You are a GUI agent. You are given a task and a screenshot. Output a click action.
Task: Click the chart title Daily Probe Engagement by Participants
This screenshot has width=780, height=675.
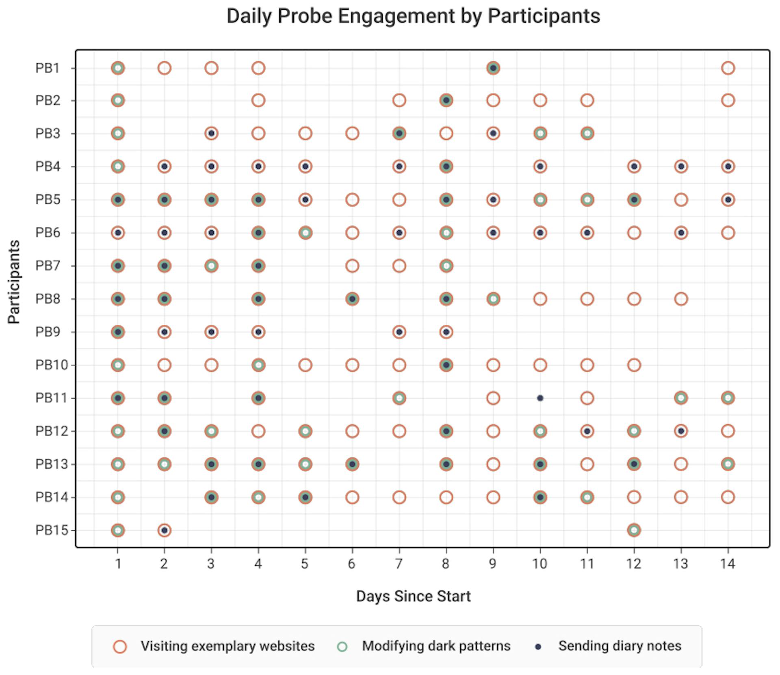[413, 17]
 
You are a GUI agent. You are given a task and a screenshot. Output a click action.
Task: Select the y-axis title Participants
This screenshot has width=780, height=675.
[14, 282]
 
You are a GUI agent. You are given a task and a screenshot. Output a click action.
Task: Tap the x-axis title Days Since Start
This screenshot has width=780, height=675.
[413, 596]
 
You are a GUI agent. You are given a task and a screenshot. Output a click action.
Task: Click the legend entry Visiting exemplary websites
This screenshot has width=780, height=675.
[227, 646]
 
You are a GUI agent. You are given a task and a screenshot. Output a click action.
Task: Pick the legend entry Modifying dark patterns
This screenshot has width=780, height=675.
[436, 646]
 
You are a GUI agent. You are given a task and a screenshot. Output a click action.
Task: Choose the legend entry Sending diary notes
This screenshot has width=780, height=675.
[619, 646]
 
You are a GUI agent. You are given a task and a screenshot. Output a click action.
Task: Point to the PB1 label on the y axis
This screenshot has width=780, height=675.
[48, 68]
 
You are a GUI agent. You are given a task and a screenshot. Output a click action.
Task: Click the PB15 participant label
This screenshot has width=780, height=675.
[52, 530]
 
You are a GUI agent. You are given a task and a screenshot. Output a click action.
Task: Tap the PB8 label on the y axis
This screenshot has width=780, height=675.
[48, 299]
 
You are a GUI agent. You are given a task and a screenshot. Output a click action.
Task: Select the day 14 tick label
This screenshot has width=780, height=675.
[728, 564]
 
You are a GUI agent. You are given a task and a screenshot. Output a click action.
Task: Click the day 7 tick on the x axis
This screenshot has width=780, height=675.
[399, 564]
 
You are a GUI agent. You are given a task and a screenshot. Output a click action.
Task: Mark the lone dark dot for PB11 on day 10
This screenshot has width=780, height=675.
[540, 398]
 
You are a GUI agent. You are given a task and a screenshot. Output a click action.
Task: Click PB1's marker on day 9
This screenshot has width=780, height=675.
[493, 68]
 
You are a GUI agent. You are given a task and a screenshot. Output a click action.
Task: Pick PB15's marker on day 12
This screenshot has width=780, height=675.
[634, 530]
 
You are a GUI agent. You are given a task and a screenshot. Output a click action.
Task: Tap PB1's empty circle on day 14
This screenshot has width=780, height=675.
[728, 68]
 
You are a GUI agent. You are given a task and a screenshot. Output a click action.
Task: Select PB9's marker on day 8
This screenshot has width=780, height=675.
[446, 332]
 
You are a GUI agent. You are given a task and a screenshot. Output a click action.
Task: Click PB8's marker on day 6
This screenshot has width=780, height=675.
[352, 299]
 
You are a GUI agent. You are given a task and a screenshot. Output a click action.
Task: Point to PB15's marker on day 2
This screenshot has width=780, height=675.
[164, 530]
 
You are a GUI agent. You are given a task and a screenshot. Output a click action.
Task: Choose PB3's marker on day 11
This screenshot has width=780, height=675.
[587, 133]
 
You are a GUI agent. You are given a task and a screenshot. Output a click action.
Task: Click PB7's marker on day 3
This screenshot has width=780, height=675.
[211, 266]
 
